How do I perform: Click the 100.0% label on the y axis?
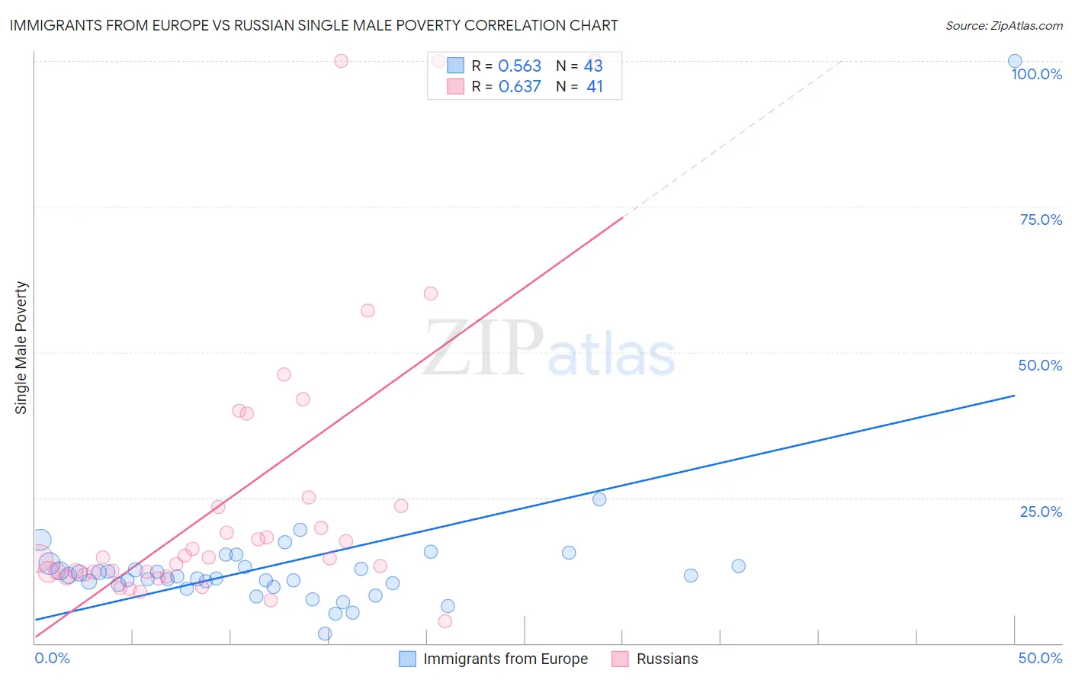(x=1036, y=74)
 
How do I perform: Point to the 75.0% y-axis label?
(x=1041, y=220)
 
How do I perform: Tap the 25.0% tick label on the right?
(x=1041, y=511)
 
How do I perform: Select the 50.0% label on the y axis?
(x=1040, y=365)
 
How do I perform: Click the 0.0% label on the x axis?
(x=52, y=658)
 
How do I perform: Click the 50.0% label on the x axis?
(x=1040, y=658)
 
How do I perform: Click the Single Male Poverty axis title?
(x=21, y=348)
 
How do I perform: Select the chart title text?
(x=313, y=25)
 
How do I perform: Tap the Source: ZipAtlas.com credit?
(x=1003, y=25)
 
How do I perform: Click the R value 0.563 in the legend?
(x=519, y=66)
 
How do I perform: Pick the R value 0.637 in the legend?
(x=519, y=87)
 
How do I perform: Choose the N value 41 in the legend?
(x=595, y=87)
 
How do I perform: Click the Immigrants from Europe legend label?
(x=506, y=659)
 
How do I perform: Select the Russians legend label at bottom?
(x=667, y=659)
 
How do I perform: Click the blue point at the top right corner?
(x=1015, y=61)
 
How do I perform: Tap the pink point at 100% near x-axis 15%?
(x=341, y=61)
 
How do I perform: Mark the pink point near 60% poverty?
(x=431, y=293)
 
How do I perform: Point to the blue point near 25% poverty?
(x=599, y=499)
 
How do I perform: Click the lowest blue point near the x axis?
(x=325, y=633)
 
